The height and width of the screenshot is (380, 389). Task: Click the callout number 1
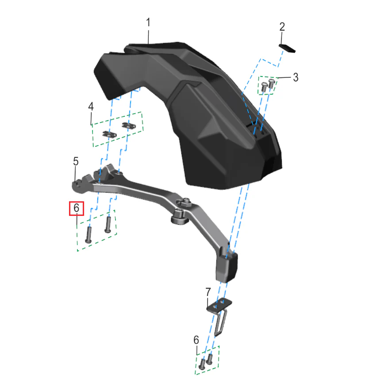pos(148,22)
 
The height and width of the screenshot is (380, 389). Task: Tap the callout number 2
pos(282,27)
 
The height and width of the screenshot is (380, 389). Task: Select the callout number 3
pos(296,77)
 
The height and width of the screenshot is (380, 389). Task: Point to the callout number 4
pos(91,107)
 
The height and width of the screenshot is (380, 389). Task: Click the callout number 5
pos(76,161)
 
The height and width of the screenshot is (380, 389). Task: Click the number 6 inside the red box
pos(77,208)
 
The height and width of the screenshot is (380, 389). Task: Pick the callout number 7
pos(208,292)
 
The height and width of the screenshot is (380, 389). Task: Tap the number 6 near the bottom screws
pos(196,340)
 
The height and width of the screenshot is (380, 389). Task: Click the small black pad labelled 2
pos(287,48)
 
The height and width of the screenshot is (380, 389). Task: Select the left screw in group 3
pos(264,87)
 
